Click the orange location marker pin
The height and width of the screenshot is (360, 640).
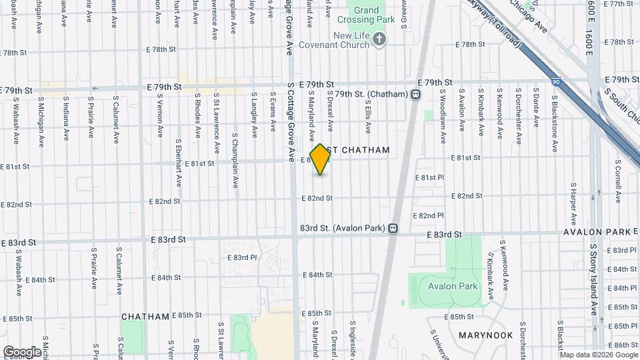point(321,159)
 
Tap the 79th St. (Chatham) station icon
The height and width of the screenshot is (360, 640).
point(416,95)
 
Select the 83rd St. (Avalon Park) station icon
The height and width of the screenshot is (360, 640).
point(393,228)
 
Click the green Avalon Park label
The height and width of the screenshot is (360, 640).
point(452,286)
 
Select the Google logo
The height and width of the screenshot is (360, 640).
point(22,351)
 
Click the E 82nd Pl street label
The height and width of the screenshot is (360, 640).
point(428,215)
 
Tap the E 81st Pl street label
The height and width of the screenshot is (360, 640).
point(429,178)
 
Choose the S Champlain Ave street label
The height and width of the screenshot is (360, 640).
point(235,161)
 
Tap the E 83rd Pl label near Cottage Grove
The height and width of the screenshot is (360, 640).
point(242,257)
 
